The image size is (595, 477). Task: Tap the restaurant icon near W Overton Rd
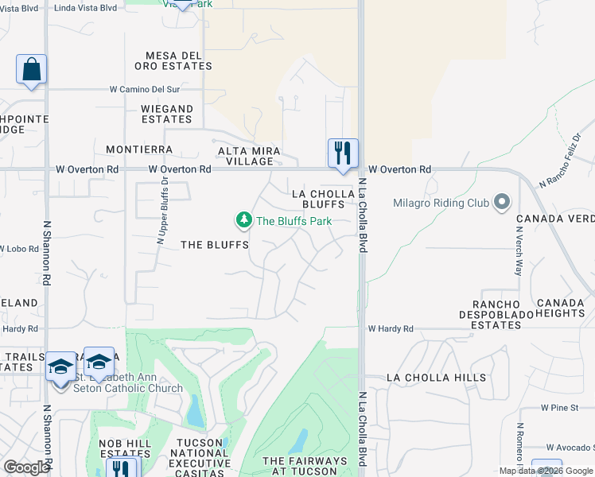click(x=343, y=153)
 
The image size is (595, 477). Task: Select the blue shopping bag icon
click(x=31, y=69)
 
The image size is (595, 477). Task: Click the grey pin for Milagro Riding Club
click(x=501, y=202)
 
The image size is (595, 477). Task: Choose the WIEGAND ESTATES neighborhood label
click(x=167, y=114)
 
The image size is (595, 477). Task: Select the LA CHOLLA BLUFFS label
click(x=323, y=199)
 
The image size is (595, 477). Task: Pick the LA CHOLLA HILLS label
click(x=435, y=378)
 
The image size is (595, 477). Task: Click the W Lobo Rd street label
click(x=19, y=249)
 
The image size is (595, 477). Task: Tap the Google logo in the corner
click(x=26, y=467)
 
